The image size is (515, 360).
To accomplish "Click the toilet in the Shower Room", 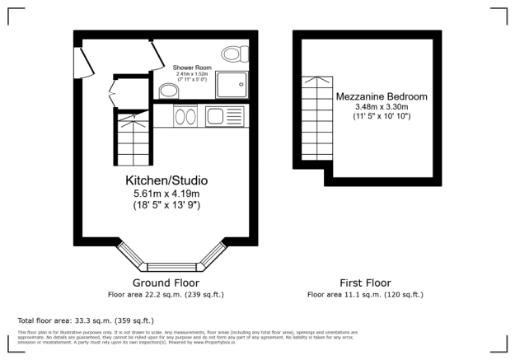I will tap(236, 54).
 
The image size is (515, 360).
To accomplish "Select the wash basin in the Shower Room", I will tap(167, 90).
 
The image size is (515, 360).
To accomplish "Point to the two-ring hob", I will tap(185, 117).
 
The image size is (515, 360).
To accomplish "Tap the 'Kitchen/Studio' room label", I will tap(166, 180).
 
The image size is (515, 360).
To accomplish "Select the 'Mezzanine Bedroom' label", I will tap(382, 96).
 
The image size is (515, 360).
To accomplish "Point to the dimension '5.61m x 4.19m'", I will tap(166, 193).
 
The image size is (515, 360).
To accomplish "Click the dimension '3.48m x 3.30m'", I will tap(382, 107).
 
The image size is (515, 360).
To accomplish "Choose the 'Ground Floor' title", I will tap(166, 283).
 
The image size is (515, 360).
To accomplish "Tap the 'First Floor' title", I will tap(364, 283).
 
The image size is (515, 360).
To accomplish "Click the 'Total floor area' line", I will tap(86, 320).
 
